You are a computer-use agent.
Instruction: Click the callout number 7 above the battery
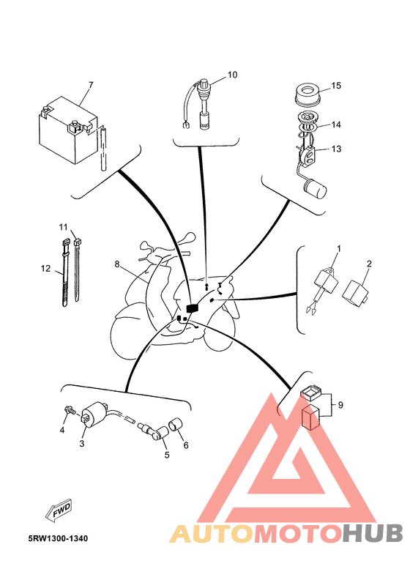tap(91, 85)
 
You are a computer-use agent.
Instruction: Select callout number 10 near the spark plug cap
tap(232, 75)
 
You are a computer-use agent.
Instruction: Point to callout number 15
tap(337, 86)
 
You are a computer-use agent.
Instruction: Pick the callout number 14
tap(337, 124)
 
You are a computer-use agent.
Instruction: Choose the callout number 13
tap(337, 149)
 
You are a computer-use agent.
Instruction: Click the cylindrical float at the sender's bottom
tap(315, 189)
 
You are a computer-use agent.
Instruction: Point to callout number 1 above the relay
tap(338, 249)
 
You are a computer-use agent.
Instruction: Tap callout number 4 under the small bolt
tap(62, 431)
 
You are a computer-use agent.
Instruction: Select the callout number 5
tap(166, 455)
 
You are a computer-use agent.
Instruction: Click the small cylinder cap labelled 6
tap(176, 424)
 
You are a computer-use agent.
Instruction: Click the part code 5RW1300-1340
tap(59, 538)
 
